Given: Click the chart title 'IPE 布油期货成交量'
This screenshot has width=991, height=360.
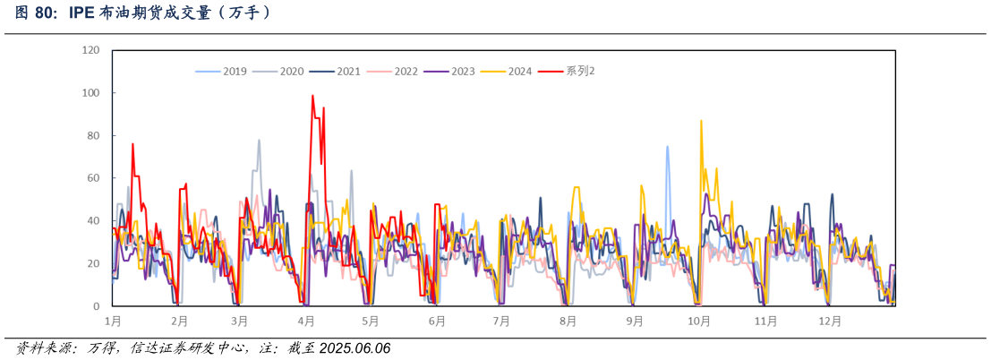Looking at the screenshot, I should click(143, 13).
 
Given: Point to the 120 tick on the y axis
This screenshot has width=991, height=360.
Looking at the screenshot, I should click(90, 50).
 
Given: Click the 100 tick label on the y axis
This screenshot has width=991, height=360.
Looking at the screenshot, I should click(90, 93).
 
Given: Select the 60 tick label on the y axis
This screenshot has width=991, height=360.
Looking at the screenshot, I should click(93, 178).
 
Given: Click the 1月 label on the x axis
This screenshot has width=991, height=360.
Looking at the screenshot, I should click(113, 321).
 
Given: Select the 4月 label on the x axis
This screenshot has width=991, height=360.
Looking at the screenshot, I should click(306, 321).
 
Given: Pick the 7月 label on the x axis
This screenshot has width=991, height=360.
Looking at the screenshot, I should click(501, 321).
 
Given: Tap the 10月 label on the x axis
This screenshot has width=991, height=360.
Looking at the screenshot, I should click(699, 321).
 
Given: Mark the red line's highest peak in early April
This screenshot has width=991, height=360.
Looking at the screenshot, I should click(312, 96).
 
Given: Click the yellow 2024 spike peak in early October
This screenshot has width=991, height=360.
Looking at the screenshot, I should click(701, 120).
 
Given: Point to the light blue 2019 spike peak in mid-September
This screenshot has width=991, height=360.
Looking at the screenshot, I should click(667, 147).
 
